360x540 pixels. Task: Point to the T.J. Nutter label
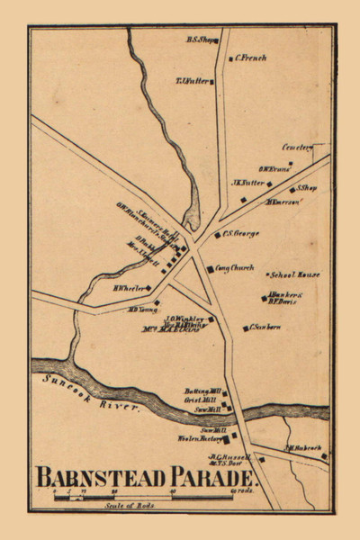[x=192, y=81]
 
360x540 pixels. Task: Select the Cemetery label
[x=296, y=145]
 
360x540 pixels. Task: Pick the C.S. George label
[x=241, y=234]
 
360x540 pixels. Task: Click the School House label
[x=298, y=274]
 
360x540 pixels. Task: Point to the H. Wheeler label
[x=129, y=289]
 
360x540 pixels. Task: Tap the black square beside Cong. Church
[x=210, y=268]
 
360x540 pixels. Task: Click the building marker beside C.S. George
[x=217, y=236]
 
